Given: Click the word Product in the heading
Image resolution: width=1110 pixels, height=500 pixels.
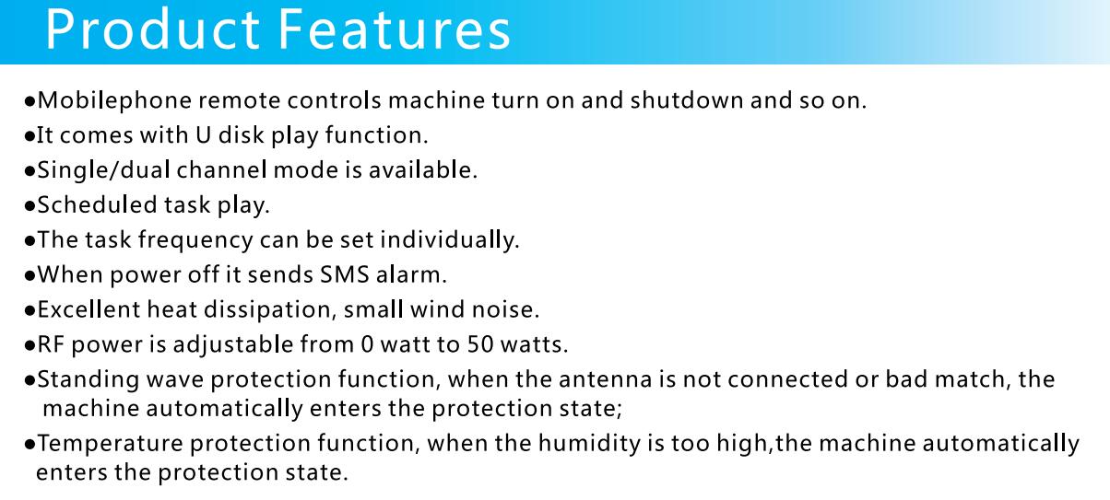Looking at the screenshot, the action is pyautogui.click(x=153, y=29).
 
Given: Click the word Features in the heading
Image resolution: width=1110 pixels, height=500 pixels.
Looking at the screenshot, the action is pyautogui.click(x=394, y=29).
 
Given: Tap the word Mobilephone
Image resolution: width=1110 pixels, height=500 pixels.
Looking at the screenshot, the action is pyautogui.click(x=114, y=101).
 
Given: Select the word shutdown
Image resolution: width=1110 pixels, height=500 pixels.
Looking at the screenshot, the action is pyautogui.click(x=687, y=100).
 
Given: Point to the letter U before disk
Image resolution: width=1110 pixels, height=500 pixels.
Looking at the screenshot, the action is pyautogui.click(x=203, y=135).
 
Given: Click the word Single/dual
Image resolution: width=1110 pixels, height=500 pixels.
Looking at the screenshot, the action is pyautogui.click(x=104, y=170).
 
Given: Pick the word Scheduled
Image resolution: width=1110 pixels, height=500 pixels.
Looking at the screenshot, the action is pyautogui.click(x=97, y=205).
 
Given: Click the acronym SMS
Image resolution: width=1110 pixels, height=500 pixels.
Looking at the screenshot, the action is pyautogui.click(x=345, y=274).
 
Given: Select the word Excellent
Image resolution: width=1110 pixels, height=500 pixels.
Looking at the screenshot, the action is pyautogui.click(x=89, y=309).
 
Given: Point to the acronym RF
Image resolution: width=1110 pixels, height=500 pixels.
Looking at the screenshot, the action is pyautogui.click(x=51, y=344).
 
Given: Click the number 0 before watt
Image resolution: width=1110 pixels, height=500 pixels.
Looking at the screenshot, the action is pyautogui.click(x=367, y=344).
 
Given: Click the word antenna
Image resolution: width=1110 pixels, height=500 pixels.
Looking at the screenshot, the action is pyautogui.click(x=606, y=379).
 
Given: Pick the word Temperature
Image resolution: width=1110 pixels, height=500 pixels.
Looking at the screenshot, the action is pyautogui.click(x=111, y=444).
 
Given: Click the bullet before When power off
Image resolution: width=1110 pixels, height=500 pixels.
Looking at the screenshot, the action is pyautogui.click(x=30, y=276).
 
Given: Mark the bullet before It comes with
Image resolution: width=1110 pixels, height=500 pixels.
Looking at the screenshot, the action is pyautogui.click(x=30, y=136).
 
